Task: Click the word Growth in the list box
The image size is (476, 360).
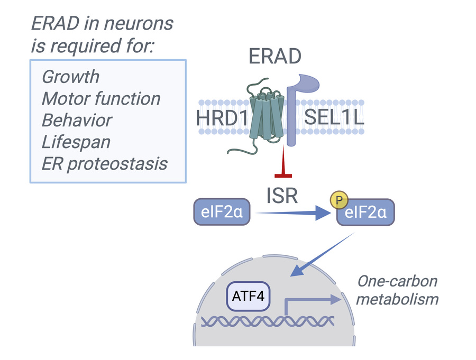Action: [x=70, y=77]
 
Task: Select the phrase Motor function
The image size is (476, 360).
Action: [x=100, y=98]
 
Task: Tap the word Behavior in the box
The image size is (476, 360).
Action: [x=77, y=120]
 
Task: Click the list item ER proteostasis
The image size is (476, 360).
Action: [x=104, y=163]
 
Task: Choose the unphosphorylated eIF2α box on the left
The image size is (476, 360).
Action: [x=222, y=212]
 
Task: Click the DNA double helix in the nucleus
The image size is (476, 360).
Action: [x=267, y=321]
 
